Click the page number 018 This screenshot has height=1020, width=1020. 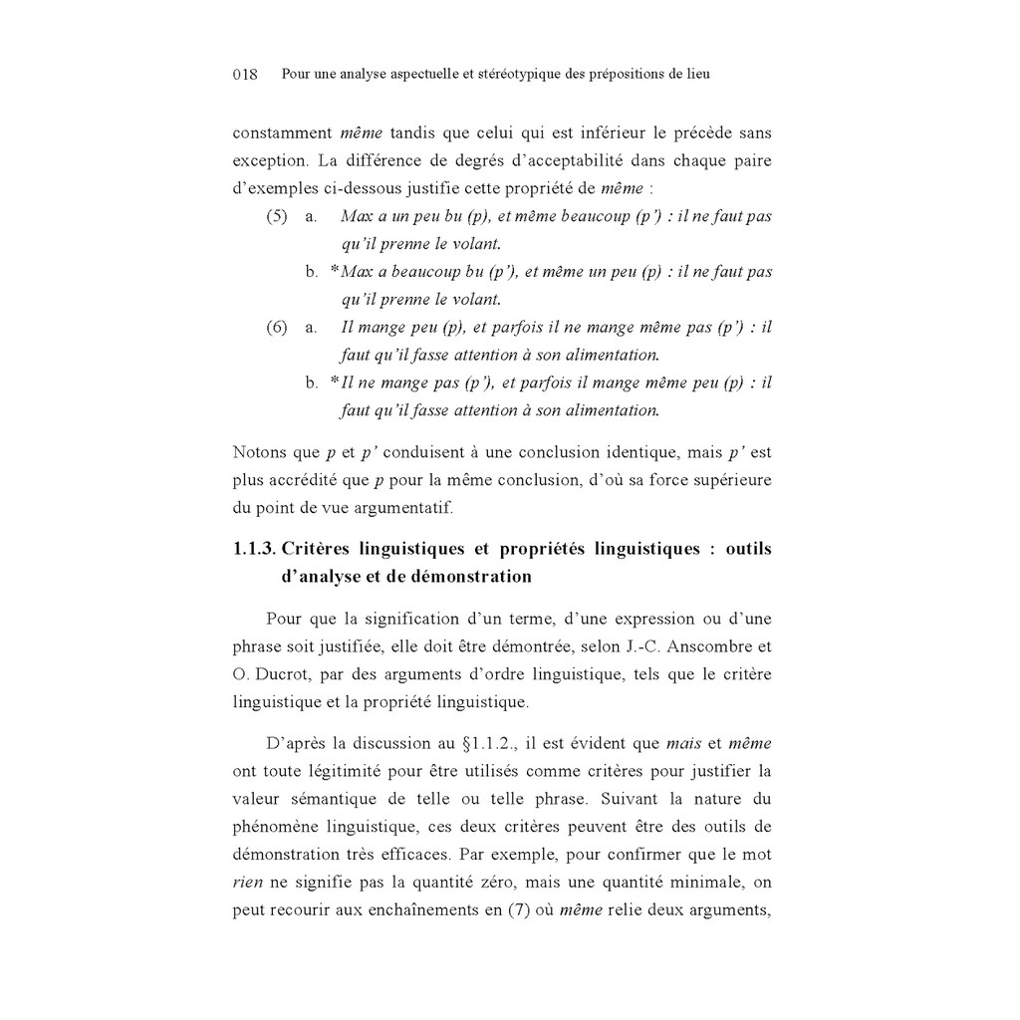click(x=245, y=75)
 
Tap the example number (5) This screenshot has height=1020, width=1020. click(x=277, y=216)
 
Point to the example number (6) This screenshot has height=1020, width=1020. click(x=277, y=328)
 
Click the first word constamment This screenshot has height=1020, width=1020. click(x=282, y=132)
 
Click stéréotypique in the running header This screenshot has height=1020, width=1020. click(x=512, y=75)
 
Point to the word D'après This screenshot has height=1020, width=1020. click(x=295, y=743)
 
